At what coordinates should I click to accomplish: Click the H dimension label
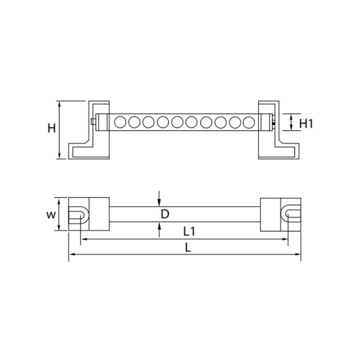tap(51, 128)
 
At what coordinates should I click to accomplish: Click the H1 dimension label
tap(306, 124)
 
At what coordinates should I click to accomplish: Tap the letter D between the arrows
tap(165, 214)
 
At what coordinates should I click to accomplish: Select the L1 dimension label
tap(189, 231)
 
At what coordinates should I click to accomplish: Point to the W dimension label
tap(51, 215)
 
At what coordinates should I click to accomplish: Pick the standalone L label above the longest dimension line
tap(188, 248)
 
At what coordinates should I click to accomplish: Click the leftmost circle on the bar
tap(120, 122)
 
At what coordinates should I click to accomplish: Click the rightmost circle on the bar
tap(249, 122)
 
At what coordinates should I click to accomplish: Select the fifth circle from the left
tap(177, 122)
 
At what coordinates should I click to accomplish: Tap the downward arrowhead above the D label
tap(159, 203)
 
